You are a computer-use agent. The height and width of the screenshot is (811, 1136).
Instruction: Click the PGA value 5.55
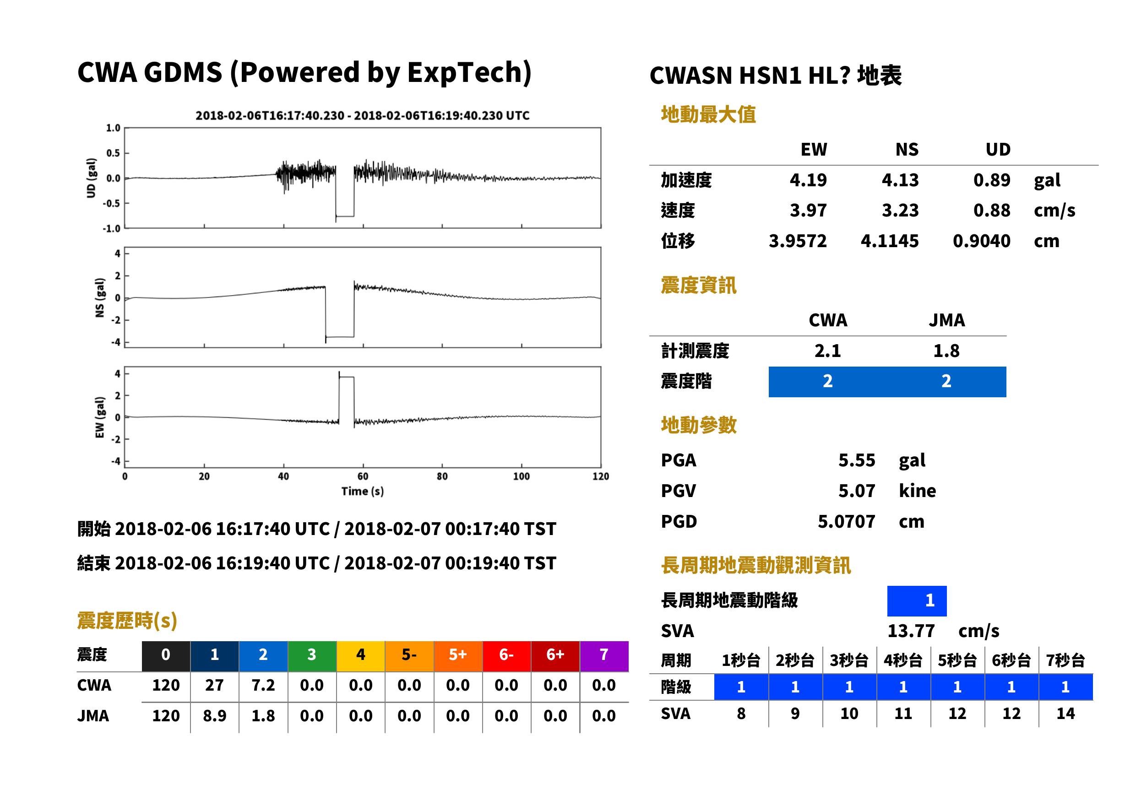click(x=856, y=460)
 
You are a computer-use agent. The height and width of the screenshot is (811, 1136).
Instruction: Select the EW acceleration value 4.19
click(x=808, y=180)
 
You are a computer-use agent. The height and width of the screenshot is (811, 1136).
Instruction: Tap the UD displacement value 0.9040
click(x=981, y=241)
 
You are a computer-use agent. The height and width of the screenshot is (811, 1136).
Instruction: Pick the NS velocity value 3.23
click(x=900, y=210)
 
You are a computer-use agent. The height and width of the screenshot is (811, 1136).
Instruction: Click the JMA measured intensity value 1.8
click(x=946, y=351)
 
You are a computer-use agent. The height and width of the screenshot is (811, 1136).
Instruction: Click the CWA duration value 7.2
click(x=263, y=685)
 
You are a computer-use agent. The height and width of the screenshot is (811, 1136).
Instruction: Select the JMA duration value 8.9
click(x=214, y=716)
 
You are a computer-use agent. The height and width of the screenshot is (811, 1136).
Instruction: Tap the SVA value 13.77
click(x=911, y=631)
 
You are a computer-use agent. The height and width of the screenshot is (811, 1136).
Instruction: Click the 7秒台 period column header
click(x=1065, y=660)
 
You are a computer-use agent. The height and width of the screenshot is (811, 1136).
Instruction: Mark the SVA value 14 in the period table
click(x=1065, y=713)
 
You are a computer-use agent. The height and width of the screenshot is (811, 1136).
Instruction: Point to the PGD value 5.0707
click(x=846, y=521)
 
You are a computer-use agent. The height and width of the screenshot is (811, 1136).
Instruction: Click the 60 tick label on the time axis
click(x=363, y=476)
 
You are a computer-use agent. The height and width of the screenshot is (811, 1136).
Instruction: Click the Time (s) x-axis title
click(x=363, y=492)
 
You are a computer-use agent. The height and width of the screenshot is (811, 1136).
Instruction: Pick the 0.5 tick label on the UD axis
click(x=113, y=153)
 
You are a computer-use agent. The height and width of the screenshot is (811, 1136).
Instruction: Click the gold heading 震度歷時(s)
click(x=127, y=620)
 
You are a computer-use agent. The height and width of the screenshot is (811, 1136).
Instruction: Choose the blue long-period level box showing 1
click(x=917, y=601)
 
